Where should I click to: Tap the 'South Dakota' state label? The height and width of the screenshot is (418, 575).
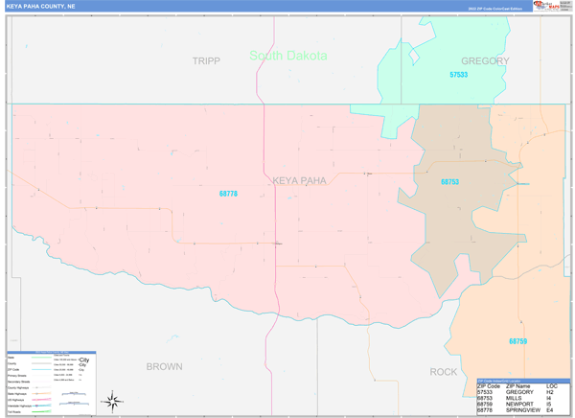287,56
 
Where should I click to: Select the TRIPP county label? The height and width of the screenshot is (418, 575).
206,60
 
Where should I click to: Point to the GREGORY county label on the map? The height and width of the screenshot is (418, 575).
485,60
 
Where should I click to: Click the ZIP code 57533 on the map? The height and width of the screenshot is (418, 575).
458,75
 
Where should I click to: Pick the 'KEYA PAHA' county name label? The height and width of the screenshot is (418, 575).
299,180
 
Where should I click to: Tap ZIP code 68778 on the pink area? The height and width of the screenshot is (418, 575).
228,195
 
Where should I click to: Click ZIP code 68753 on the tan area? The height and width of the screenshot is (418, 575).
449,182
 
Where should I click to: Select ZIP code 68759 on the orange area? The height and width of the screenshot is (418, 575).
517,340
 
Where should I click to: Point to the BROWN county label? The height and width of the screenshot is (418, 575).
164,366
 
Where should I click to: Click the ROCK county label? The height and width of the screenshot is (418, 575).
444,371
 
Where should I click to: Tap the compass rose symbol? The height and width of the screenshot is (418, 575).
113,399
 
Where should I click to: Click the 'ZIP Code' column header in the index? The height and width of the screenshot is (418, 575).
491,384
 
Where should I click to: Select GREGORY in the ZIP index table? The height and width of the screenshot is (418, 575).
519,392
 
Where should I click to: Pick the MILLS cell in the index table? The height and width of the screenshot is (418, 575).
514,399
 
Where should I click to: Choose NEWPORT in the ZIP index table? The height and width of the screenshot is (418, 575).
519,406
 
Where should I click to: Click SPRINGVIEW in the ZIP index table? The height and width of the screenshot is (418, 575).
523,412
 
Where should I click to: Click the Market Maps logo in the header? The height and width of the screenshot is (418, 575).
547,6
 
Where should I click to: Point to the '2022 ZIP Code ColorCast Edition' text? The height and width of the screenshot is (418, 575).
495,9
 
